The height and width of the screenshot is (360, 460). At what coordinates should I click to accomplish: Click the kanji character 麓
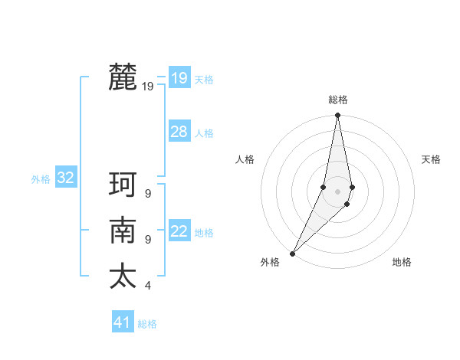tap(123, 77)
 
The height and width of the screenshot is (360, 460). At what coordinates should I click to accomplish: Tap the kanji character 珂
tap(123, 185)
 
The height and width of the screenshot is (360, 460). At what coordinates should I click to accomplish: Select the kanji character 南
tap(123, 231)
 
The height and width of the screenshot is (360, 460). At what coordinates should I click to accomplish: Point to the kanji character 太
tap(123, 276)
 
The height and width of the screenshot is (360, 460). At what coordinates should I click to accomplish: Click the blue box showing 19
tap(179, 77)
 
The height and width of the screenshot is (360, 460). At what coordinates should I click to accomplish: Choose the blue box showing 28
tap(179, 132)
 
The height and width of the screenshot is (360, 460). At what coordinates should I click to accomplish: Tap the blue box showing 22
tap(179, 231)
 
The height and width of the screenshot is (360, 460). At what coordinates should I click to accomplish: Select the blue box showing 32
tap(66, 178)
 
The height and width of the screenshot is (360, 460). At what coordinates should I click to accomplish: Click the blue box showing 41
tap(123, 322)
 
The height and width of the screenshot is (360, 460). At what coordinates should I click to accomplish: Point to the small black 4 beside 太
tap(148, 286)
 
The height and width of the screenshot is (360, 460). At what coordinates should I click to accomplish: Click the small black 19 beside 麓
tap(148, 87)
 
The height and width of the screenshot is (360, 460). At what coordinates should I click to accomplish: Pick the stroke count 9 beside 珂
tap(148, 194)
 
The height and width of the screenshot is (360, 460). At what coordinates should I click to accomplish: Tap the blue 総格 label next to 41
tap(147, 324)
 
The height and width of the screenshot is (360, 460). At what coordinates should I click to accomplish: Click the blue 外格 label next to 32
tap(41, 179)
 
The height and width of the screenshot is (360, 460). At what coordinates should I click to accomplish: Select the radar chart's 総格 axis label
tap(338, 100)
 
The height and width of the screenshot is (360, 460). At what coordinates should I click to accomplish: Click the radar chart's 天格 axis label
tap(431, 159)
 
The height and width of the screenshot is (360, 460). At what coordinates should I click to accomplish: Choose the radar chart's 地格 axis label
tap(402, 262)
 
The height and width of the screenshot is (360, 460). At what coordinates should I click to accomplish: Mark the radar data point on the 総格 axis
tap(337, 115)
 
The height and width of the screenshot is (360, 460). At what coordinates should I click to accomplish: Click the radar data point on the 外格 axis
tap(292, 253)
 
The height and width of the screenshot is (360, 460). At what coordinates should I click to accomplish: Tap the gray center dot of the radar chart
tap(337, 191)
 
